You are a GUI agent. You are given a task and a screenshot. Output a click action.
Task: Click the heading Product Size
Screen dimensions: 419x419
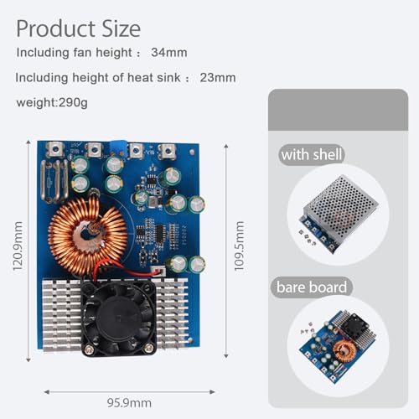pyautogui.click(x=78, y=28)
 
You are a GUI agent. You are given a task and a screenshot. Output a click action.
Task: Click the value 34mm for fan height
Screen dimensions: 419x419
pyautogui.click(x=170, y=53)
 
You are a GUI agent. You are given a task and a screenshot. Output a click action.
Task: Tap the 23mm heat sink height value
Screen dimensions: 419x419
pyautogui.click(x=218, y=79)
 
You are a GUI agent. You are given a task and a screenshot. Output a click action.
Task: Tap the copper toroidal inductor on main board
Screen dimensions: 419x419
pyautogui.click(x=87, y=236)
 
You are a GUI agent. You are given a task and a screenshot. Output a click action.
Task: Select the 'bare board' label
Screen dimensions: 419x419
pyautogui.click(x=312, y=287)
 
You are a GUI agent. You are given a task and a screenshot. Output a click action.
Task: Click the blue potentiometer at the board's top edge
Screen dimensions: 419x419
pyautogui.click(x=134, y=151)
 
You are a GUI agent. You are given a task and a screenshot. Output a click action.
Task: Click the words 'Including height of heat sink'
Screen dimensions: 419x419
pyautogui.click(x=98, y=79)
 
